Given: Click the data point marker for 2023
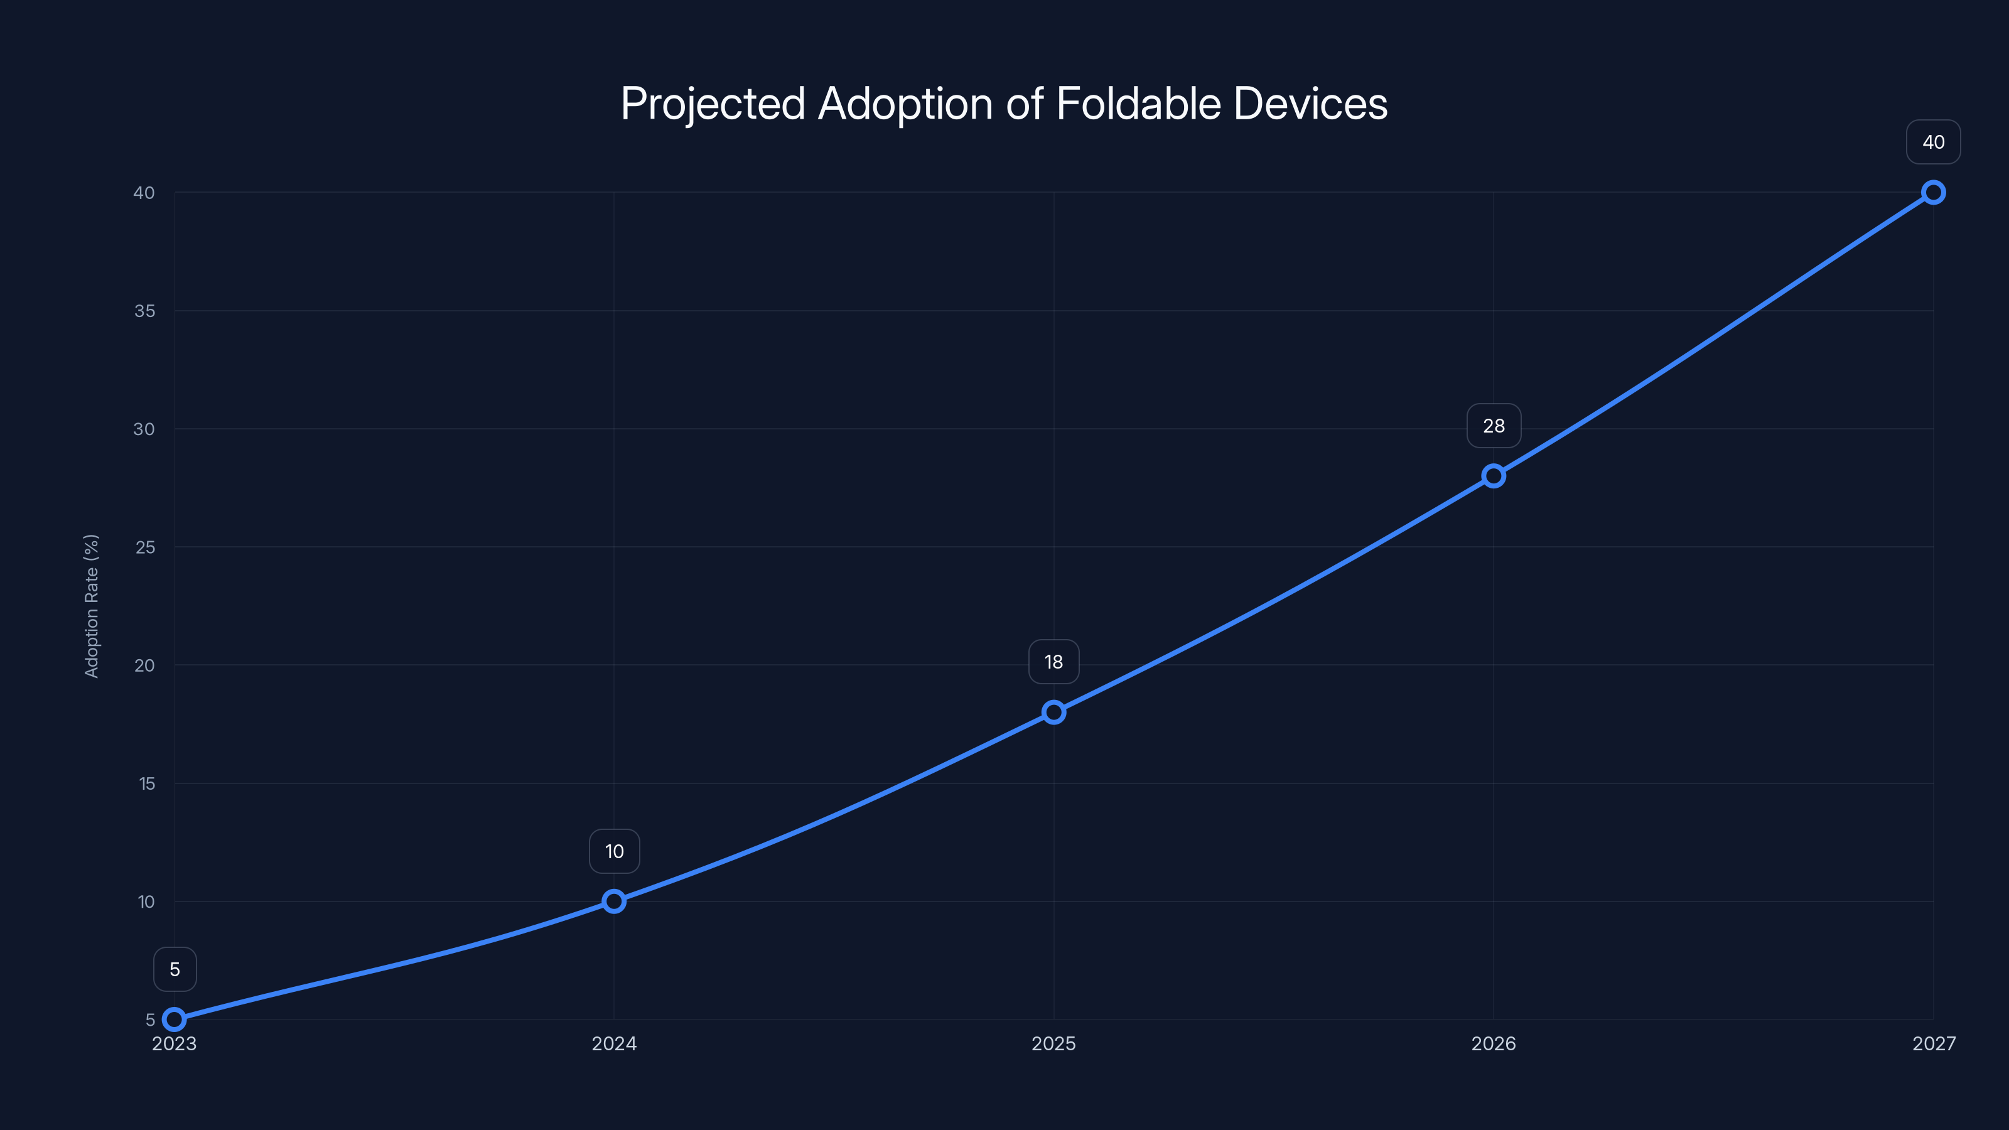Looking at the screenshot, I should (x=175, y=1020).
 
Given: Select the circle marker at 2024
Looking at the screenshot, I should (x=614, y=901).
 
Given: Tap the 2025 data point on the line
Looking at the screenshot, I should (x=1053, y=712).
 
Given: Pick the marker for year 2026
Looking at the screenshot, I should (x=1494, y=476).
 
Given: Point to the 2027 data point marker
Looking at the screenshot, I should (x=1934, y=192).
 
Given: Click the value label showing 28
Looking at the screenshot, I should (x=1494, y=426).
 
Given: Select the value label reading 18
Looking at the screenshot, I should (x=1053, y=662).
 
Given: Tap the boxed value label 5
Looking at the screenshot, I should (x=175, y=969).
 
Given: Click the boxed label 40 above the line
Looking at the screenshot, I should (x=1934, y=142).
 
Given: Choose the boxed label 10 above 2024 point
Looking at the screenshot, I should (x=614, y=852).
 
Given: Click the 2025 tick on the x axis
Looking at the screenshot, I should (x=1053, y=1043).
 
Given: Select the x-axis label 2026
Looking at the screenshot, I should (x=1494, y=1043).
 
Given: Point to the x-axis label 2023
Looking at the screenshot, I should (x=175, y=1043).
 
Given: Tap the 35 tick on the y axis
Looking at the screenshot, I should (x=144, y=311).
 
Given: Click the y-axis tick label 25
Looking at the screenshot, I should (x=145, y=547).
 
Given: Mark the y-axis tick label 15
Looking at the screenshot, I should (x=147, y=783).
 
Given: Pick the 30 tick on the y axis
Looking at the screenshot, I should (x=144, y=429).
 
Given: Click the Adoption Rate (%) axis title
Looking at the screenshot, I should (x=91, y=606).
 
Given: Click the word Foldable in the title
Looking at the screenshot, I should (x=1139, y=104).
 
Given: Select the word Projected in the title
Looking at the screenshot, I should (x=713, y=104).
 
